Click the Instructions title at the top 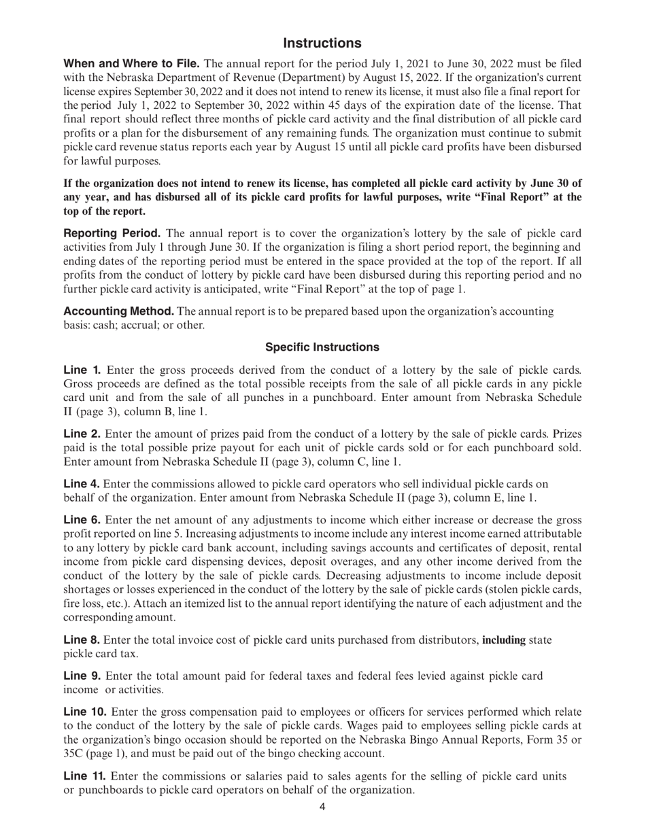tap(322, 43)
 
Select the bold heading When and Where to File tap(131, 64)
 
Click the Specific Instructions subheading tap(322, 347)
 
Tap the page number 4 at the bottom tap(322, 807)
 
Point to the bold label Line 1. tap(82, 370)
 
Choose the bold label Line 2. tap(82, 434)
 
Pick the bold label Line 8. tap(82, 640)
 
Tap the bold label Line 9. tap(82, 676)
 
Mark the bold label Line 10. tap(85, 712)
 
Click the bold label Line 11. tap(84, 776)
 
